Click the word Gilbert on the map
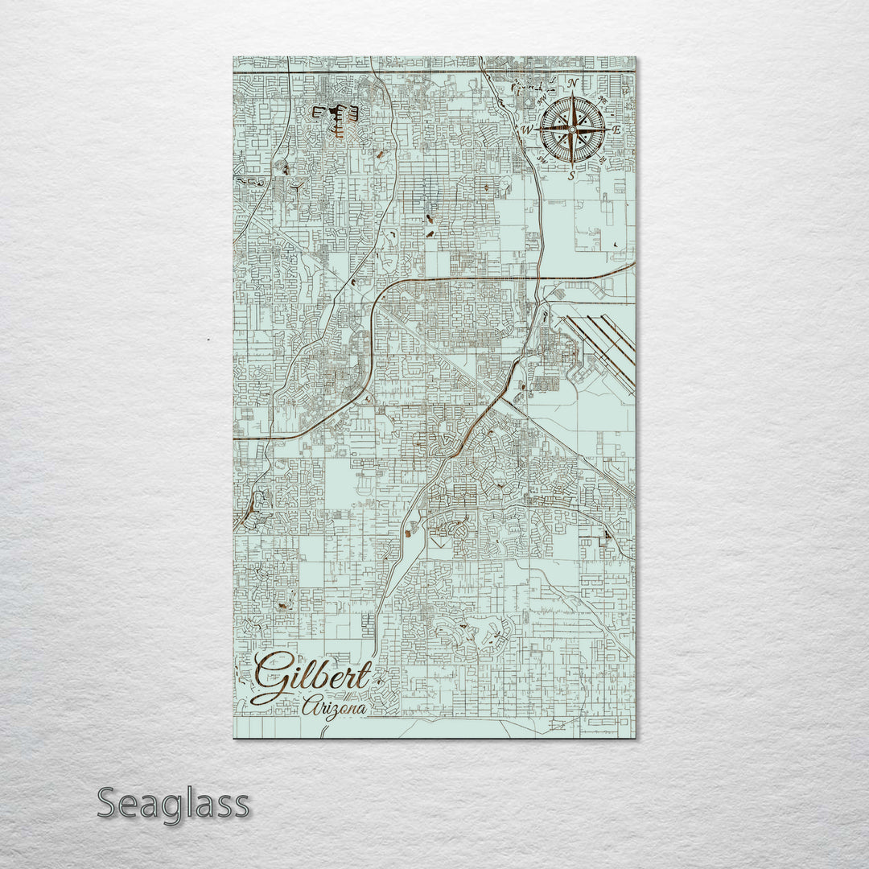312,678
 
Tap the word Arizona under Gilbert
335,707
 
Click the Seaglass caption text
173,804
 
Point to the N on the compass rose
572,83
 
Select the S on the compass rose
571,175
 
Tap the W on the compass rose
528,130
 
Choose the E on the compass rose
617,130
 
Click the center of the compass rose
572,130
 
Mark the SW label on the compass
542,159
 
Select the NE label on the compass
602,98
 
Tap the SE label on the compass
603,159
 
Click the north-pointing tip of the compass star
572,95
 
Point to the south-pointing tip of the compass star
572,165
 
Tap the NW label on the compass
542,99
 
